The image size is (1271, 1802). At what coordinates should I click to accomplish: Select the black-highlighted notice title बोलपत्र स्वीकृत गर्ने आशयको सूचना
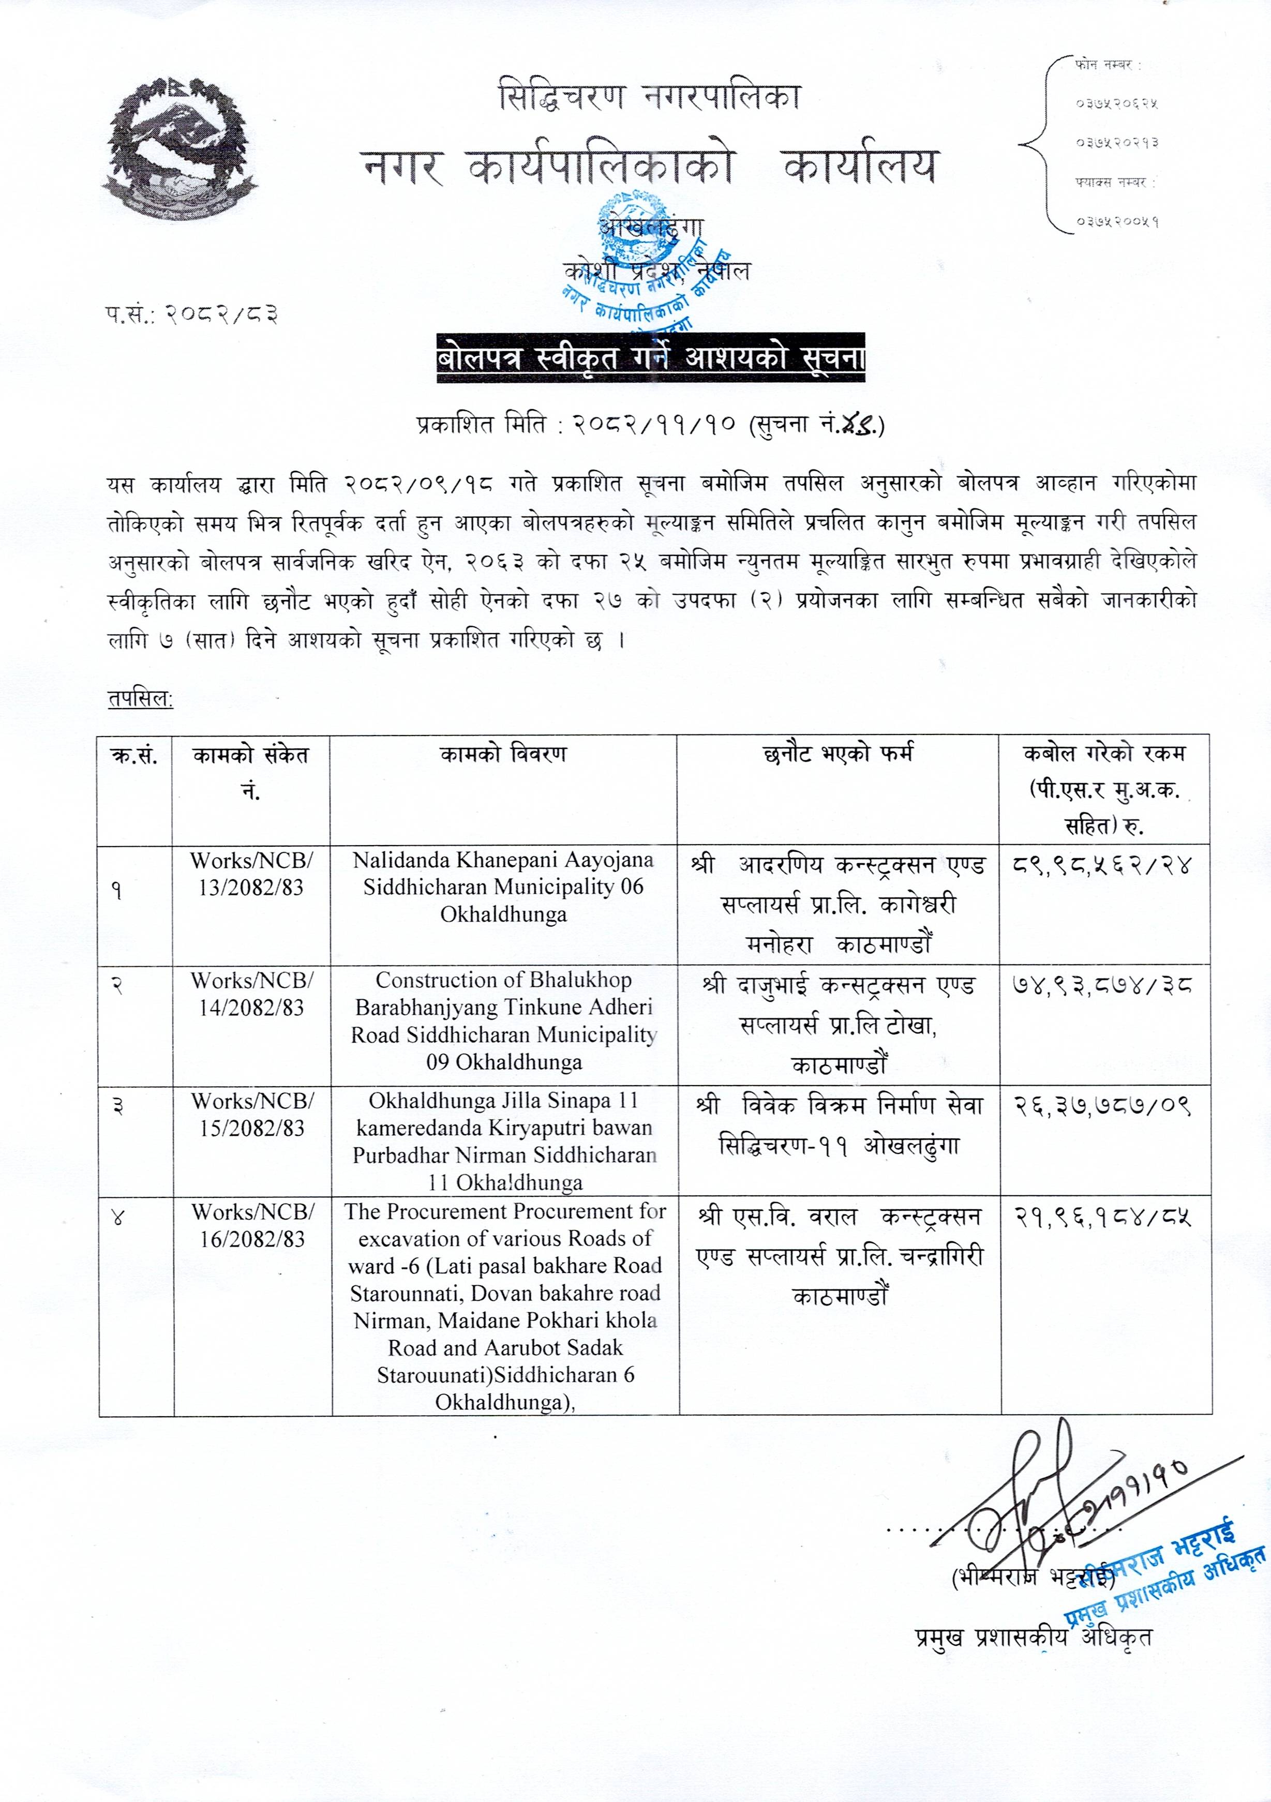click(x=652, y=361)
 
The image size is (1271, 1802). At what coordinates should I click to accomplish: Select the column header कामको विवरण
click(x=503, y=755)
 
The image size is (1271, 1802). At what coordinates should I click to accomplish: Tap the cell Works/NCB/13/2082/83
click(x=251, y=874)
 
